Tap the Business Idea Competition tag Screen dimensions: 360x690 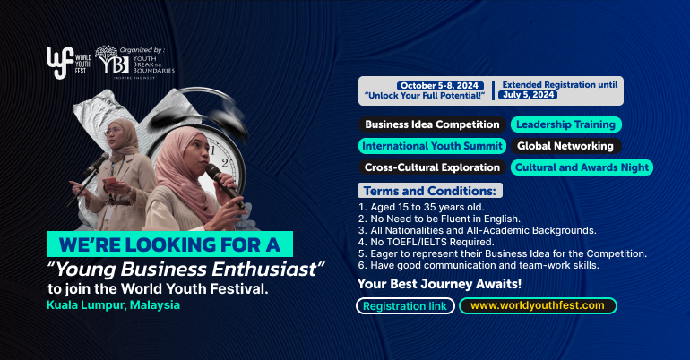click(430, 124)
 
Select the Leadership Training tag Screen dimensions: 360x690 click(565, 124)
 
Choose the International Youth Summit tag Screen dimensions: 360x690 click(433, 146)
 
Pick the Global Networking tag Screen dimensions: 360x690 click(565, 146)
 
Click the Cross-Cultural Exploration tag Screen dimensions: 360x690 click(431, 167)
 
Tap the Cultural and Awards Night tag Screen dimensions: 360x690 click(582, 167)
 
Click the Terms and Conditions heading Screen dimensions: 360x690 click(430, 191)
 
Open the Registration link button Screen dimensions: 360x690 click(405, 305)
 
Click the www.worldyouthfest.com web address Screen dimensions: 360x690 click(538, 305)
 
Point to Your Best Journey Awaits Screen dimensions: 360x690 click(439, 284)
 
